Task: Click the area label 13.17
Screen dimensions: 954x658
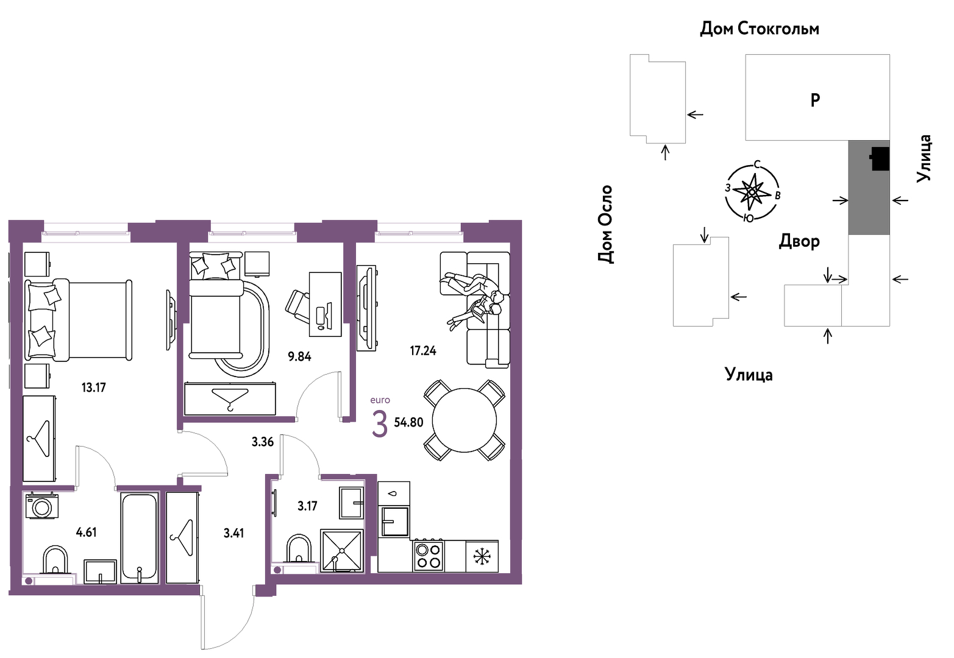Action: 93,387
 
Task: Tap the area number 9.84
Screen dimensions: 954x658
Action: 299,356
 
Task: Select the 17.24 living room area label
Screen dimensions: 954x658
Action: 423,351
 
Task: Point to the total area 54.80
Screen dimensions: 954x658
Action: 409,422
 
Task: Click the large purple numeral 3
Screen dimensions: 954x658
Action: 380,424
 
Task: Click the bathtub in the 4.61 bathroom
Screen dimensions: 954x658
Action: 139,538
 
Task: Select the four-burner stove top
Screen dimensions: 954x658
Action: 429,556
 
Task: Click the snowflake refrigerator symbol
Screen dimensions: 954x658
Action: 482,556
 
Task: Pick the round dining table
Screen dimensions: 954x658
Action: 465,420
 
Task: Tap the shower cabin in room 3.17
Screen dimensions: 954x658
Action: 341,551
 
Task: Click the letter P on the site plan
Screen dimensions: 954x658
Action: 815,100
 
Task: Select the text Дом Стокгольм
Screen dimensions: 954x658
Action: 760,29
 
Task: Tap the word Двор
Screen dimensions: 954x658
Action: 799,241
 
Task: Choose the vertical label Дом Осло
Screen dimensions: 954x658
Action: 605,224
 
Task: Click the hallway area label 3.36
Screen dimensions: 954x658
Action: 262,442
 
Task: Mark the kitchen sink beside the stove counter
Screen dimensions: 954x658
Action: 394,522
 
